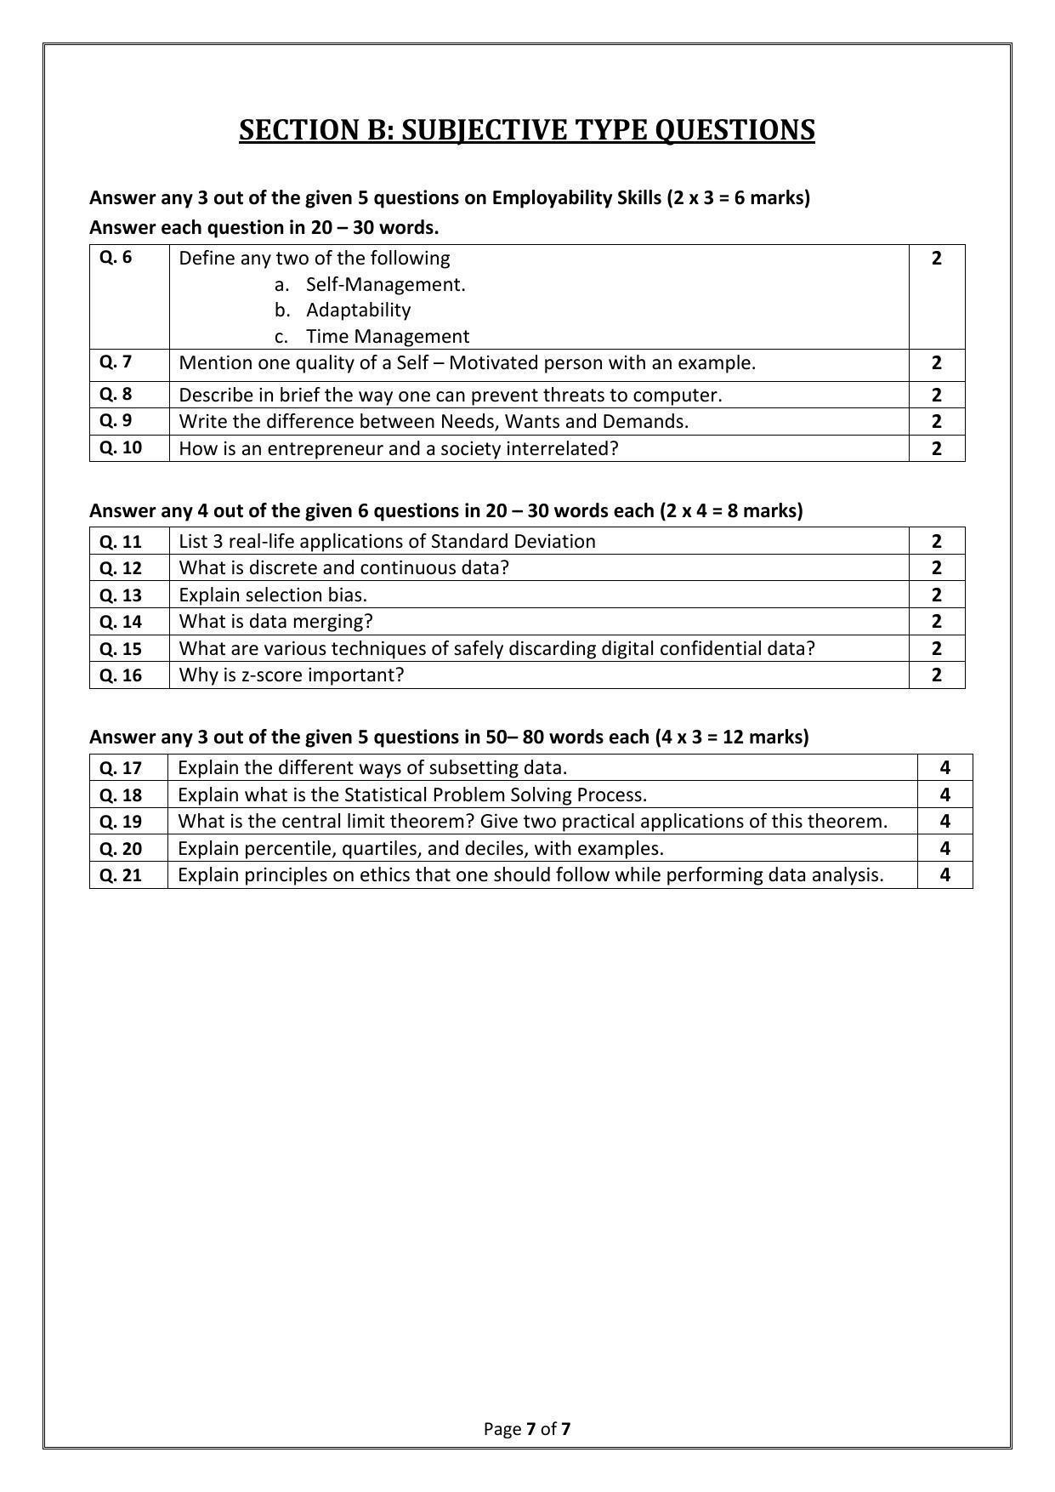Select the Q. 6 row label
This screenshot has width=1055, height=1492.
pos(116,257)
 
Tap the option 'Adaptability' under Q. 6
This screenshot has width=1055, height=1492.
pos(358,310)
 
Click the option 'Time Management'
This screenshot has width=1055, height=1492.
pos(387,336)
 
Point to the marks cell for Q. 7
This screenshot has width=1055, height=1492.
pos(936,363)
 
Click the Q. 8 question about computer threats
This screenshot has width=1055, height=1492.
pos(450,395)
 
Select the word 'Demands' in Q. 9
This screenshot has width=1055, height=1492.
pos(648,421)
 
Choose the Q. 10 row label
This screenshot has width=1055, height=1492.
pos(120,447)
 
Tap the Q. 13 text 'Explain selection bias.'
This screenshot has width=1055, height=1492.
pos(273,595)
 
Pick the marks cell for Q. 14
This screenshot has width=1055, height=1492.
pos(936,621)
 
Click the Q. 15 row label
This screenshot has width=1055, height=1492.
pos(120,648)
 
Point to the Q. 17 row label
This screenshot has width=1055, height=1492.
pos(120,767)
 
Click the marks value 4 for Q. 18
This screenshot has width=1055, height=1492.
pos(944,794)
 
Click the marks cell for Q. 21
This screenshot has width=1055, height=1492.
pos(944,874)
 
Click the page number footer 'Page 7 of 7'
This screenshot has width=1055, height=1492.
pos(526,1428)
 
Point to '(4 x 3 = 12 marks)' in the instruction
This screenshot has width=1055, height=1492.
pos(731,737)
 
